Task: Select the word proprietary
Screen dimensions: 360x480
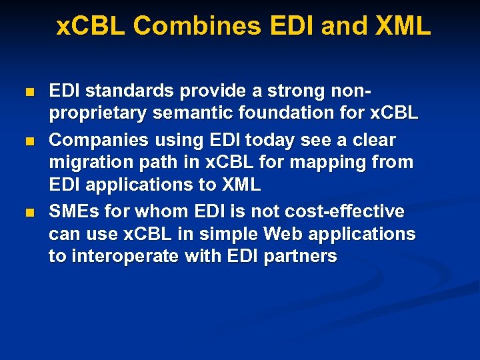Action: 98,114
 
